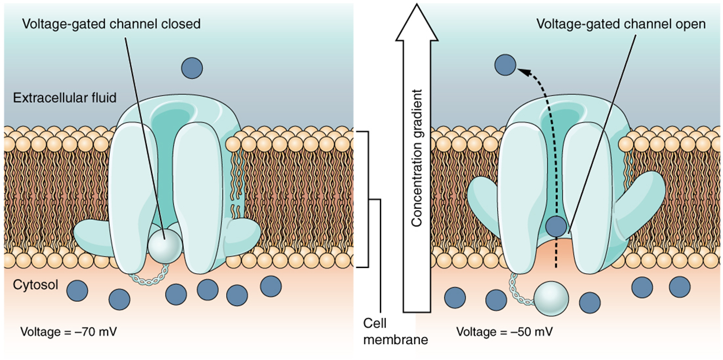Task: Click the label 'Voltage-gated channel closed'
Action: tap(112, 24)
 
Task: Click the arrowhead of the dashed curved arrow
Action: tap(521, 71)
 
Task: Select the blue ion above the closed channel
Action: tap(192, 68)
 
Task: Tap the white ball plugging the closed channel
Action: tap(164, 244)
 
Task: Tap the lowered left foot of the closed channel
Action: tap(93, 234)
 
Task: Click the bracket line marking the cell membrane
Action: tap(367, 199)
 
